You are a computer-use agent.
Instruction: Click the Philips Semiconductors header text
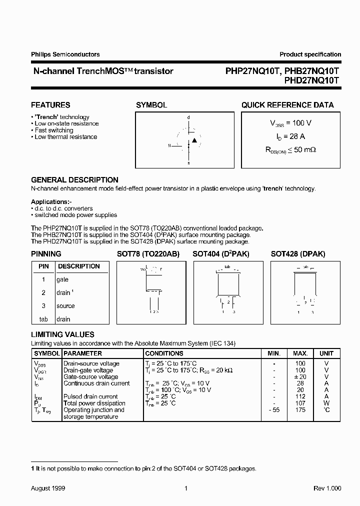tap(65, 54)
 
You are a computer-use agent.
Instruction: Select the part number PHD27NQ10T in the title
tap(312, 79)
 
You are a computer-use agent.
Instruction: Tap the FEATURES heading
tap(50, 105)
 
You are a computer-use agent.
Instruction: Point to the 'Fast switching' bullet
tap(53, 130)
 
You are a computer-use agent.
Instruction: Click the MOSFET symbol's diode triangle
tap(194, 140)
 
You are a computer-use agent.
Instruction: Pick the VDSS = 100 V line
tap(290, 123)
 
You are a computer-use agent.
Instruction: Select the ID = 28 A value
tap(290, 136)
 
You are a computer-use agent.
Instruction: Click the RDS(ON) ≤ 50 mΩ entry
tap(290, 149)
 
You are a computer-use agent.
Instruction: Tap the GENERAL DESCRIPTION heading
tap(74, 179)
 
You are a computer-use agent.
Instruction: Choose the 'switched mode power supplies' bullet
tap(75, 215)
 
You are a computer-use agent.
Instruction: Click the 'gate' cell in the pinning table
tap(62, 279)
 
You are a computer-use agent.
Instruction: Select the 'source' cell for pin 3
tap(65, 305)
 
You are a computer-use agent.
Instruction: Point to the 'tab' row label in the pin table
tap(43, 319)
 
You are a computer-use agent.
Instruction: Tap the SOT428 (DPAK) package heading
tap(298, 254)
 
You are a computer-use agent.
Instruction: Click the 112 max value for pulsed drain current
tap(300, 396)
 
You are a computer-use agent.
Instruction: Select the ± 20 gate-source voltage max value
tap(299, 377)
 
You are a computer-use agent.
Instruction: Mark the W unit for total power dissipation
tap(326, 403)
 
